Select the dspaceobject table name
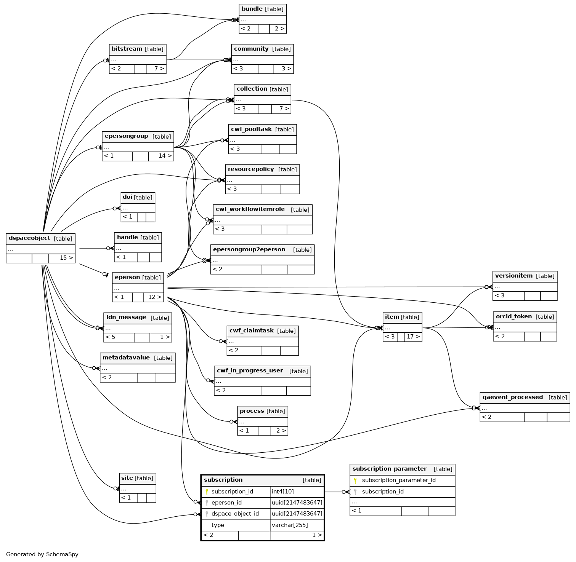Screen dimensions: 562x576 30,238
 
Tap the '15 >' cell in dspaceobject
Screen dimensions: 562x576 62,258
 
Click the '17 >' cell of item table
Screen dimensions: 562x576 413,337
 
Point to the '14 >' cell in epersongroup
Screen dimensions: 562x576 161,156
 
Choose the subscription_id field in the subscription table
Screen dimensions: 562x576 232,492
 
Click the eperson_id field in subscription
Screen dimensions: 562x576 226,503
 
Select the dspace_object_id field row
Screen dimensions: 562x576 235,514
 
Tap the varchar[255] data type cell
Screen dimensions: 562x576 290,525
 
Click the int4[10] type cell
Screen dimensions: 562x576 288,492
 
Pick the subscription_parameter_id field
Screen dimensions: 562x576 399,480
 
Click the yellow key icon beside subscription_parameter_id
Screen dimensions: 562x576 355,480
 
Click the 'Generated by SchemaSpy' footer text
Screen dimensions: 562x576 42,554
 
